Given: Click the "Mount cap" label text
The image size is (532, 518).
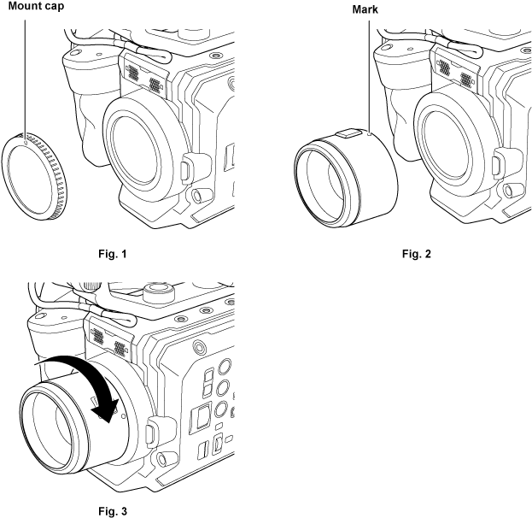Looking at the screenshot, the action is [x=36, y=6].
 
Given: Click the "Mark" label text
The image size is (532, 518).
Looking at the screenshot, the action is [x=365, y=9].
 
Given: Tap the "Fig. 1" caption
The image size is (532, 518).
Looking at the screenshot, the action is [x=113, y=253].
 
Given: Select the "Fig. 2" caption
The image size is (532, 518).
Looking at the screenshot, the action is [x=417, y=253].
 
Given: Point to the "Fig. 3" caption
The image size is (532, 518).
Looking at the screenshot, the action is [x=113, y=511].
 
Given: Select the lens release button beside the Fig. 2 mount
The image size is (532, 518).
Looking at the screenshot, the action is [x=497, y=168].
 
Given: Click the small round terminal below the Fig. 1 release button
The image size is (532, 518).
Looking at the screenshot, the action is [x=196, y=196].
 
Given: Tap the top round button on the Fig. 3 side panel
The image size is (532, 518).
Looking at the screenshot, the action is [x=225, y=366].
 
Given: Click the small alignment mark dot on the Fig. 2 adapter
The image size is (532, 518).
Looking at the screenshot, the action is [x=369, y=134].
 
